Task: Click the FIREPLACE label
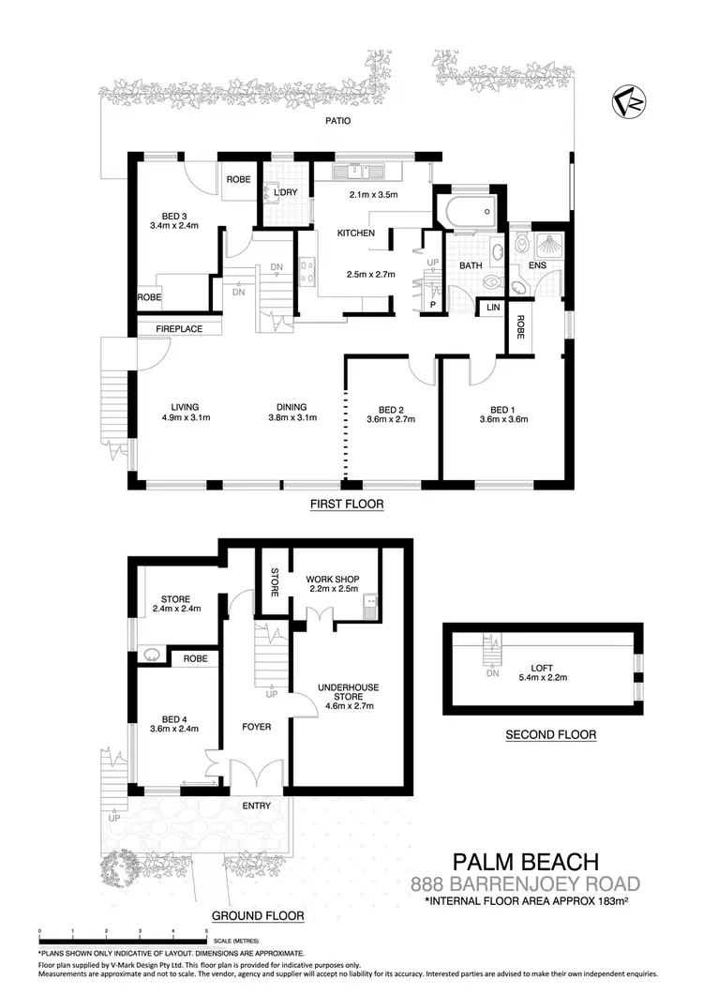(x=179, y=329)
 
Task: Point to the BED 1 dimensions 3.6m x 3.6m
(x=502, y=420)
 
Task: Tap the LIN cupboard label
(x=490, y=309)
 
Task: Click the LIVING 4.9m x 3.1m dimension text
(x=178, y=418)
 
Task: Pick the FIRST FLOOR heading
(x=347, y=505)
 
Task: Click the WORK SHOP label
(x=333, y=579)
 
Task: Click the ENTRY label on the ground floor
(x=256, y=806)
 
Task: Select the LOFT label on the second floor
(x=543, y=670)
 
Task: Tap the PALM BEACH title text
(x=524, y=861)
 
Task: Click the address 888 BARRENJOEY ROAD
(x=526, y=883)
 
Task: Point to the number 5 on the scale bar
(x=206, y=932)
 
